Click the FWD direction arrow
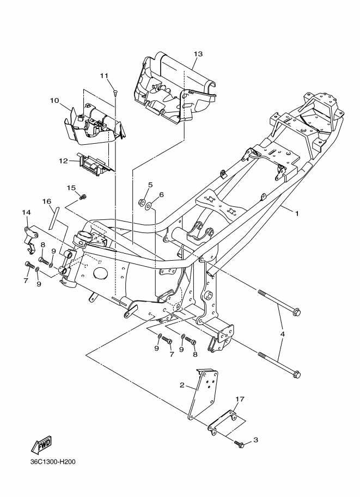click(x=41, y=445)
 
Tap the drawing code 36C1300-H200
click(x=53, y=462)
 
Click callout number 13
click(x=198, y=54)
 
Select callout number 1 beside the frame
click(x=297, y=213)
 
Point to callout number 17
click(x=240, y=398)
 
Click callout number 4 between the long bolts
click(x=282, y=334)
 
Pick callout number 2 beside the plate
click(x=182, y=385)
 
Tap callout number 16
click(x=47, y=201)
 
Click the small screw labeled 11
click(x=115, y=92)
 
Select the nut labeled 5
click(x=142, y=201)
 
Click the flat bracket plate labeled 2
click(x=204, y=394)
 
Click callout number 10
click(x=54, y=101)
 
